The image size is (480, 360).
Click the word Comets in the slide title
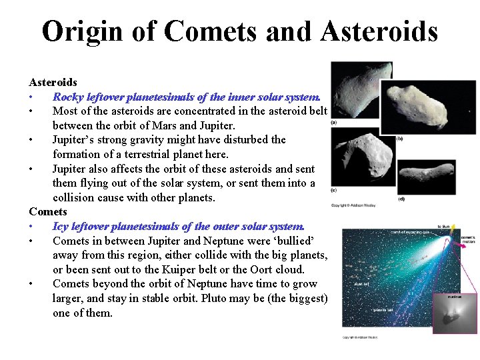(204, 31)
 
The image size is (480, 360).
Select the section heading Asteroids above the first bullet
(53, 82)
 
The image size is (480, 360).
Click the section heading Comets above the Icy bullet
(48, 212)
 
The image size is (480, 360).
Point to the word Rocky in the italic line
(69, 97)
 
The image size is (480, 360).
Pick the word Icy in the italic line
(61, 226)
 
